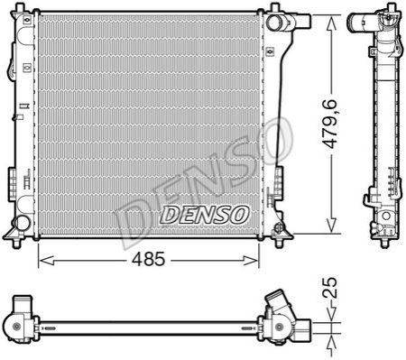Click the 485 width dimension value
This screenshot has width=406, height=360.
point(149,259)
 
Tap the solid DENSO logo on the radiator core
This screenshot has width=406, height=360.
point(205,215)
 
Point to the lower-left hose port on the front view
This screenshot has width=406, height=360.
point(22,223)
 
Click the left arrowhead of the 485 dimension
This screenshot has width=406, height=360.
point(47,261)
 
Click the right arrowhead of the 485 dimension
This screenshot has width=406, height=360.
point(251,261)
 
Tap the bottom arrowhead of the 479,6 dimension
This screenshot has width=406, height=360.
point(331,225)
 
